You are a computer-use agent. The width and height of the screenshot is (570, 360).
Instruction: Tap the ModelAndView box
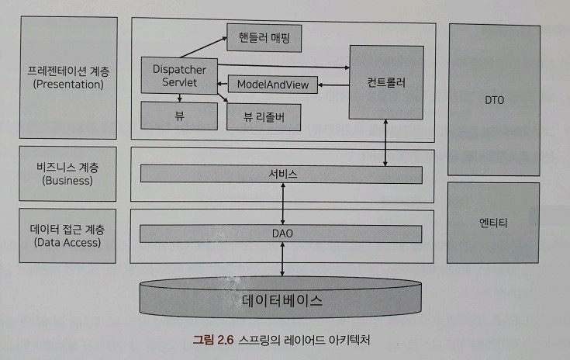[x=272, y=85]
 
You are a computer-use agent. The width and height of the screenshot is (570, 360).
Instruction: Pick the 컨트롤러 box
[x=386, y=82]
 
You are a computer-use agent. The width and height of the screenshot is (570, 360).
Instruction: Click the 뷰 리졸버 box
[x=264, y=117]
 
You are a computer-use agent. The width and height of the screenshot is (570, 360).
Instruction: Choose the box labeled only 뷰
[x=179, y=116]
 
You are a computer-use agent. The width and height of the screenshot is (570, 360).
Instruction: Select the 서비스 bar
[x=281, y=175]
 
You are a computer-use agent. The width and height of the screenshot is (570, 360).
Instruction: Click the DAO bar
[x=281, y=234]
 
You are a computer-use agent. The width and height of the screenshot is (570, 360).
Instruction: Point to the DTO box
[x=494, y=99]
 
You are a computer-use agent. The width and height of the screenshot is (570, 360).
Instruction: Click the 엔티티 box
[x=494, y=222]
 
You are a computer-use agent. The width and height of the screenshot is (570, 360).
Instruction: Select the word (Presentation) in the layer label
[x=69, y=85]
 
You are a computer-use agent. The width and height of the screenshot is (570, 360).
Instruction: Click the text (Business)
[x=69, y=181]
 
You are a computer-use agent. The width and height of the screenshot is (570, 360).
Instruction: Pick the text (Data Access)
[x=69, y=241]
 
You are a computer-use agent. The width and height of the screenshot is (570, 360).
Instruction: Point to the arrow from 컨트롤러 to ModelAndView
[x=333, y=85]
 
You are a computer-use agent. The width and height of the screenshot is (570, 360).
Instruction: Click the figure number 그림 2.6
[x=213, y=339]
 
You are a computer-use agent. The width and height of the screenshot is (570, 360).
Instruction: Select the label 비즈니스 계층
[x=69, y=168]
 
